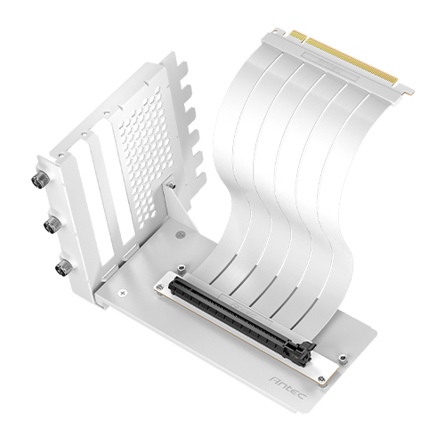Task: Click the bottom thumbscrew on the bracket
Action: click(x=63, y=266)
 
